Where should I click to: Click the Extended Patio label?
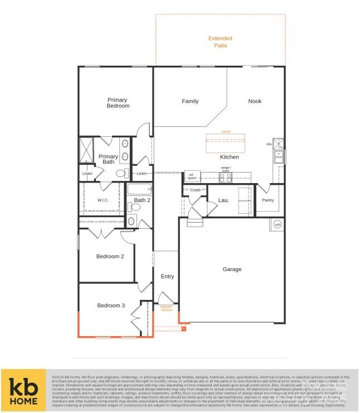tap(220, 42)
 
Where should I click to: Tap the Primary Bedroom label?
tap(118, 102)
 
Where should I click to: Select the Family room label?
tap(190, 101)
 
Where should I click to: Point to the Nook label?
tap(255, 101)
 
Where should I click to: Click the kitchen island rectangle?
tap(225, 142)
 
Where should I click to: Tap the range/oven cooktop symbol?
tap(225, 178)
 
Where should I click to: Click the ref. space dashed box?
tap(191, 176)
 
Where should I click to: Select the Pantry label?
tap(268, 200)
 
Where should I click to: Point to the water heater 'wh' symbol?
tap(277, 225)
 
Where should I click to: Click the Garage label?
tap(232, 269)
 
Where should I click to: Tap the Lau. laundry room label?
tap(223, 200)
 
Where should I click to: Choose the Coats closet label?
tap(194, 190)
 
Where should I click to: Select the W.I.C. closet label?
tap(103, 200)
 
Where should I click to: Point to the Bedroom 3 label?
tap(111, 306)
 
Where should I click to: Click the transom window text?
tap(166, 308)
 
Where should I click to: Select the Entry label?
tap(167, 277)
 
